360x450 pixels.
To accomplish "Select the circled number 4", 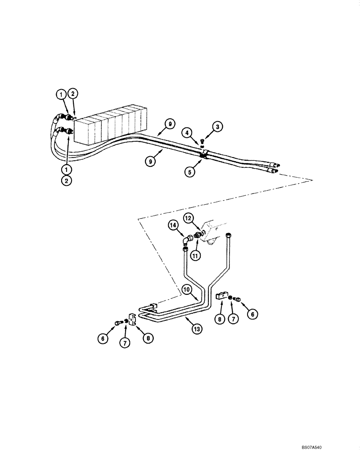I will pyautogui.click(x=188, y=132).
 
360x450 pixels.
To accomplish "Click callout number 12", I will pyautogui.click(x=188, y=218).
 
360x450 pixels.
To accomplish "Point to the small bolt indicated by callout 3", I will pyautogui.click(x=202, y=143).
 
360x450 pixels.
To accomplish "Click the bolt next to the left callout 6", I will pyautogui.click(x=118, y=322).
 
